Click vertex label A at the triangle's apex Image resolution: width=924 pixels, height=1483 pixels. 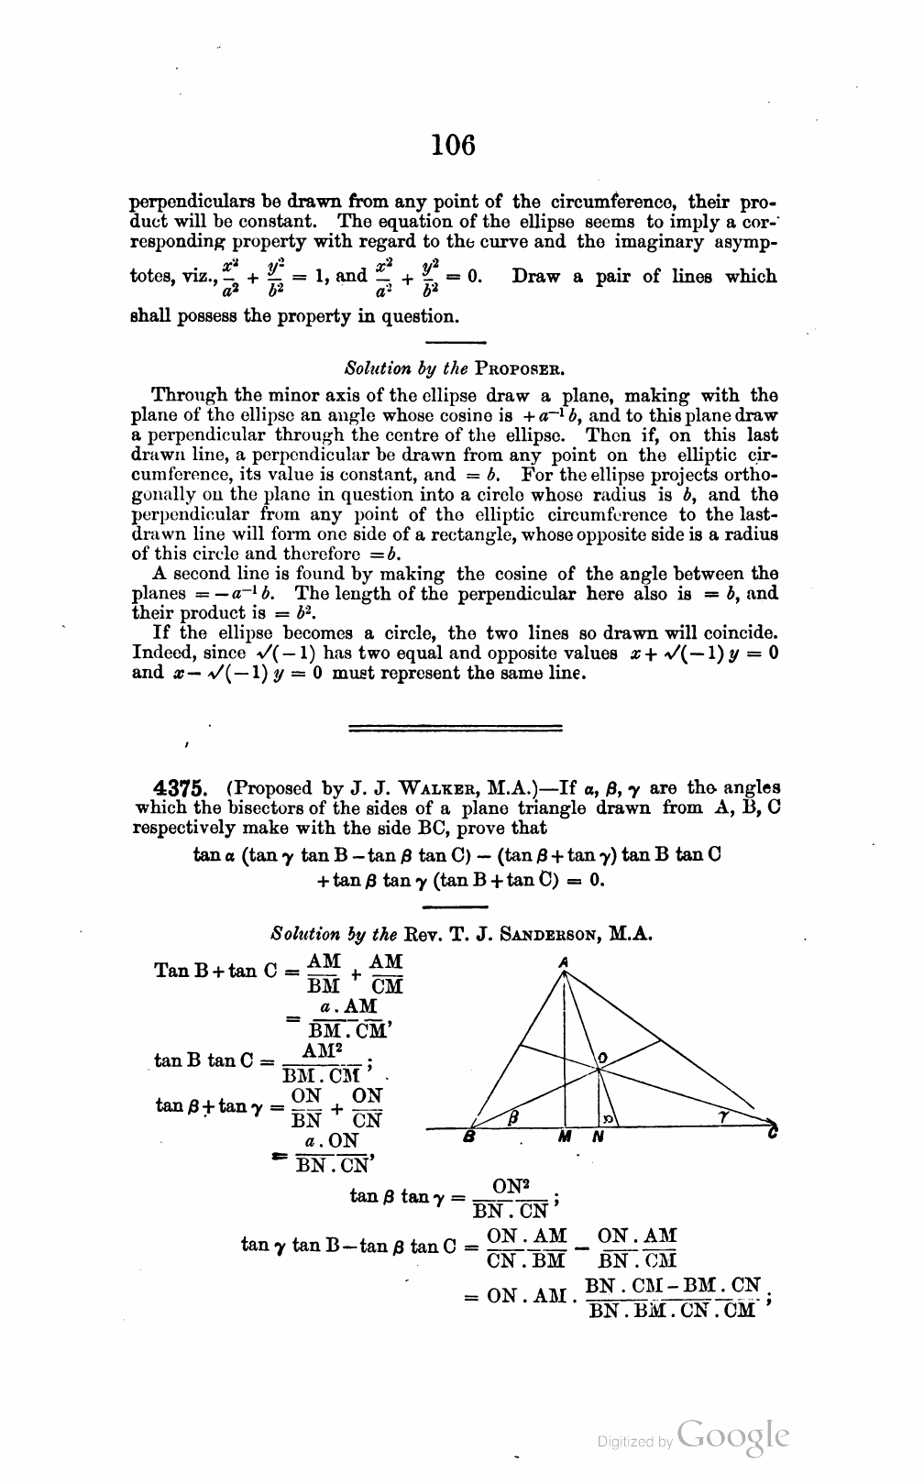click(564, 961)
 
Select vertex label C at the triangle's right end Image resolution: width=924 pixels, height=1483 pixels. click(774, 1135)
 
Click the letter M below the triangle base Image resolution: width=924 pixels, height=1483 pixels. click(566, 1137)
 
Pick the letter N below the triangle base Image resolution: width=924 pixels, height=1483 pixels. click(597, 1137)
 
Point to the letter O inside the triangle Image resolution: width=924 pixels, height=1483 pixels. click(602, 1060)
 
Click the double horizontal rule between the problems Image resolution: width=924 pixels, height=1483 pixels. click(456, 728)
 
